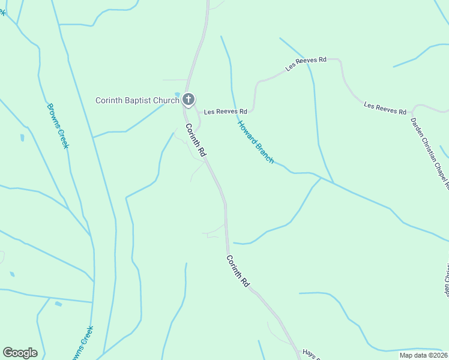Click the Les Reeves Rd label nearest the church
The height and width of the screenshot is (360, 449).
[x=225, y=112]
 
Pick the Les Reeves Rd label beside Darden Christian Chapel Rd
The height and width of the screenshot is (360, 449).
[x=385, y=109]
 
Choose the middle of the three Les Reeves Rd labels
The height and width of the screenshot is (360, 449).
[x=306, y=64]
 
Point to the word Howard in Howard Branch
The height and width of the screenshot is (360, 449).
[x=247, y=134]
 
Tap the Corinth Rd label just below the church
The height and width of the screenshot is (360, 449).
[x=196, y=140]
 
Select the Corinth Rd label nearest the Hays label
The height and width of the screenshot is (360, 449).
[x=238, y=271]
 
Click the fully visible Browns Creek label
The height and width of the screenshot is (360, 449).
[x=58, y=126]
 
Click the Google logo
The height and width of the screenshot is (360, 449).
[x=20, y=353]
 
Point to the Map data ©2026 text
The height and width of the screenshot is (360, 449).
[x=423, y=355]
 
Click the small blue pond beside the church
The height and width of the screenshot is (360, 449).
[x=177, y=94]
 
